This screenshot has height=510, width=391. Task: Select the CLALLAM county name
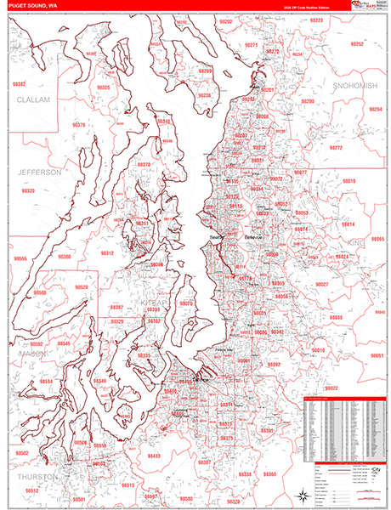tap(34, 99)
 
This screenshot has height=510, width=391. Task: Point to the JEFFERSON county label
tap(39, 172)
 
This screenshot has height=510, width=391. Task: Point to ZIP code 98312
tap(107, 253)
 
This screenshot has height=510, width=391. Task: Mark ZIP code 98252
tap(357, 43)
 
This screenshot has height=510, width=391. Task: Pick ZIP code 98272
tap(336, 148)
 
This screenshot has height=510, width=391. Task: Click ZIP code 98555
tap(20, 258)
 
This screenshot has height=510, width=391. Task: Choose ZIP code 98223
tap(316, 20)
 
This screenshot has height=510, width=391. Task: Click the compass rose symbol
tap(303, 494)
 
